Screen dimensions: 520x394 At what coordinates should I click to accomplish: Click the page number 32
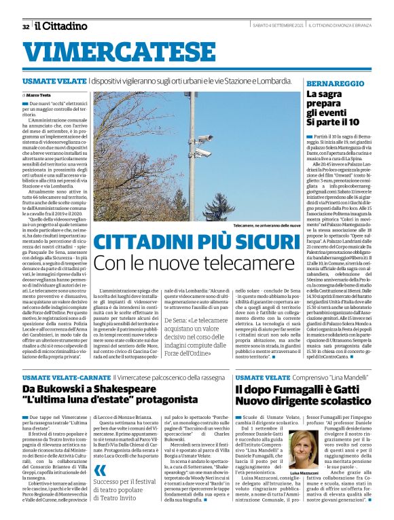click(25, 26)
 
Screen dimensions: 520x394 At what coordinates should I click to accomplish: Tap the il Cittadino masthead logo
click(62, 26)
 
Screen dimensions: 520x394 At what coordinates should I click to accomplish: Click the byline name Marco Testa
click(40, 94)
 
